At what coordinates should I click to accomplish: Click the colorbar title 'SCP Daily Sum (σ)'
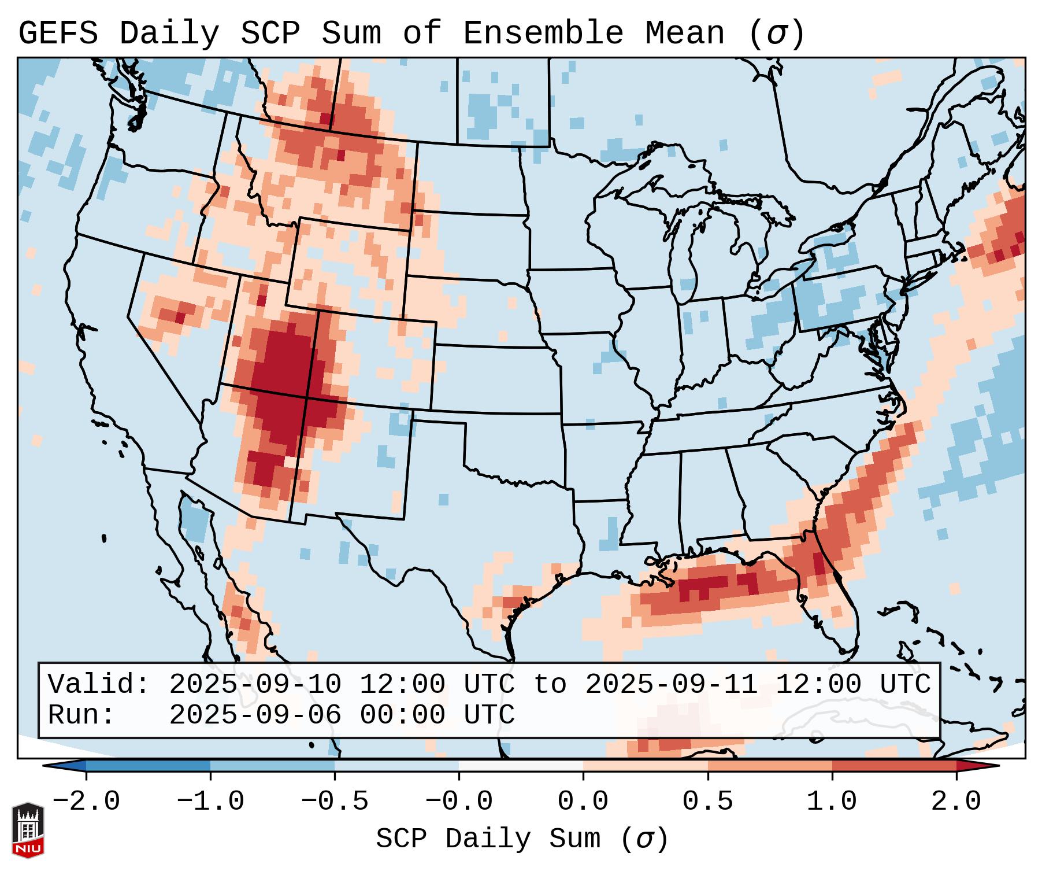tap(522, 839)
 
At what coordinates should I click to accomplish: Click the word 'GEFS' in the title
tap(58, 33)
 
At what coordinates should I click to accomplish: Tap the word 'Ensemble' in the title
tap(543, 33)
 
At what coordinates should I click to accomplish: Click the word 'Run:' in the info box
tap(81, 715)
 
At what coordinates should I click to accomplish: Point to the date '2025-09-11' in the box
tap(672, 684)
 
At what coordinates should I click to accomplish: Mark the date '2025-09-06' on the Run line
tap(255, 715)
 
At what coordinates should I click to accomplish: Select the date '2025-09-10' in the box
tap(255, 684)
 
